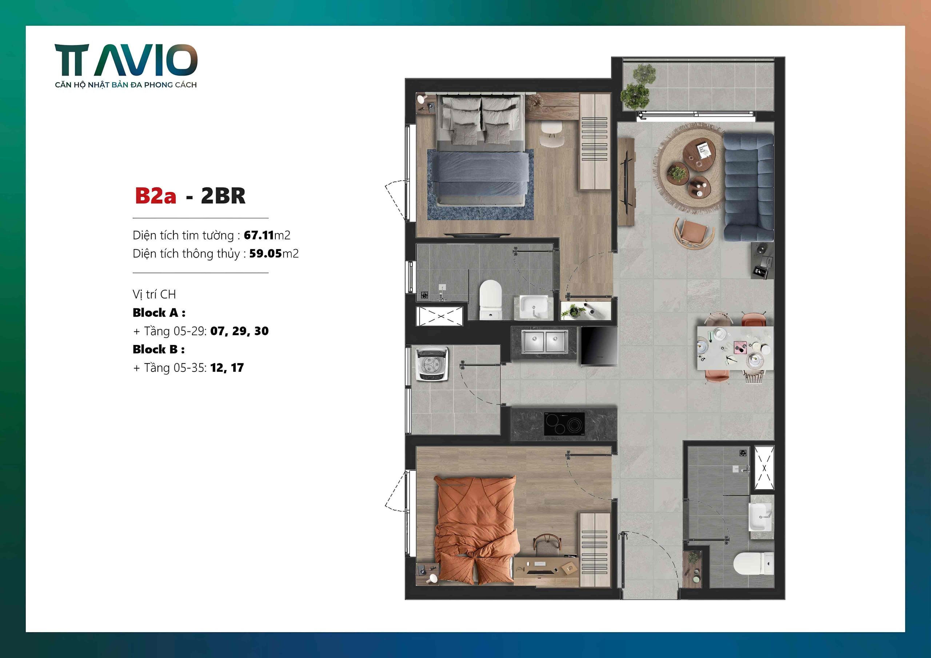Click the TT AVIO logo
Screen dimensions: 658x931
click(x=126, y=61)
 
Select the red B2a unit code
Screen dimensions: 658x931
click(x=155, y=196)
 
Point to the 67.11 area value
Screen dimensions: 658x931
click(x=259, y=235)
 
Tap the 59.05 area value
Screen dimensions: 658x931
click(x=265, y=254)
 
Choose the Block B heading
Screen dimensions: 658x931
click(x=159, y=349)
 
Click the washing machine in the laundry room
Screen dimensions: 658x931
click(x=431, y=364)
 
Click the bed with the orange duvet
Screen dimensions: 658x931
click(x=476, y=529)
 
